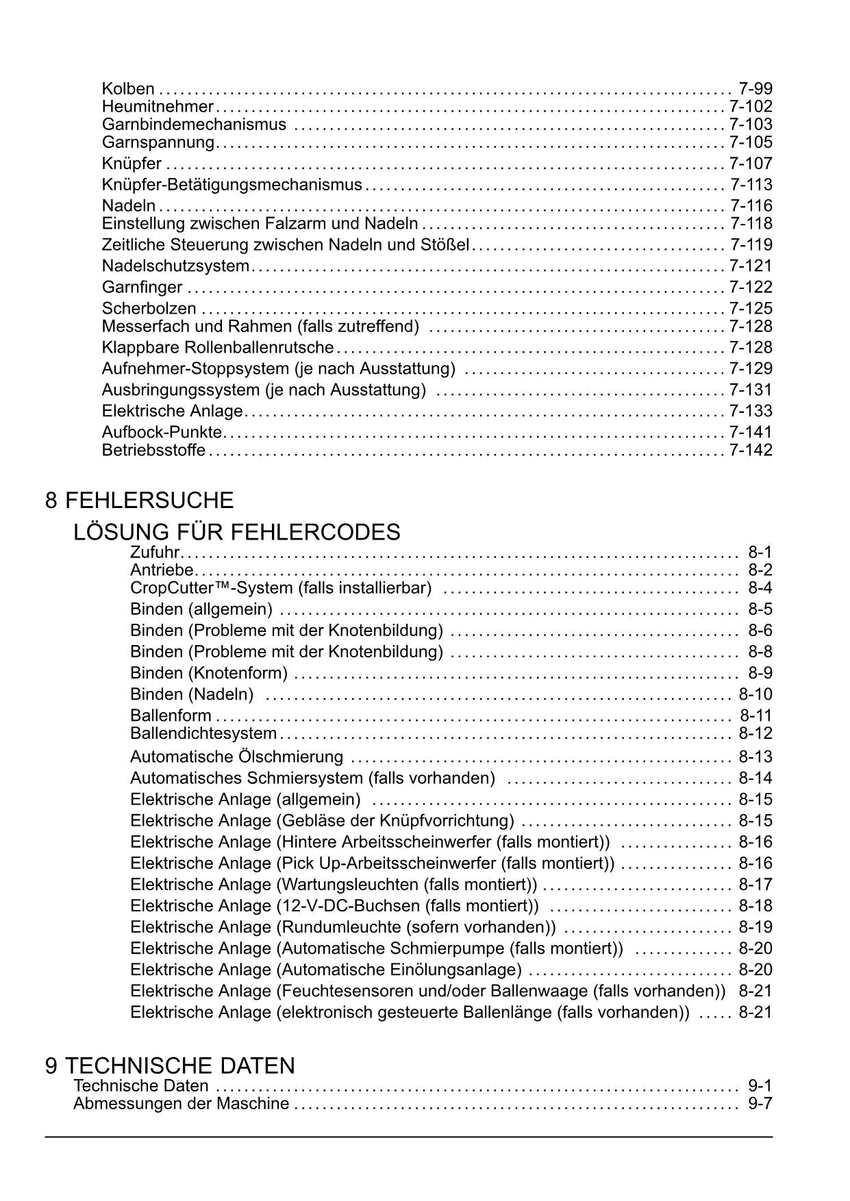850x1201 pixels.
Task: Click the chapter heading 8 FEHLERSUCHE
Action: [x=139, y=501]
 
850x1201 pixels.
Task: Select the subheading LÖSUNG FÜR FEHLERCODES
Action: [x=236, y=532]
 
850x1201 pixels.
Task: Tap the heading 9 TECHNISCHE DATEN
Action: [x=170, y=1065]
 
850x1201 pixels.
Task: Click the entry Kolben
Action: [x=128, y=88]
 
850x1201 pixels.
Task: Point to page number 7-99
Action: [x=755, y=88]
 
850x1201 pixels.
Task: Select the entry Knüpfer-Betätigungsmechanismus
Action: [x=232, y=185]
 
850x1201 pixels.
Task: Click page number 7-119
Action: [x=751, y=245]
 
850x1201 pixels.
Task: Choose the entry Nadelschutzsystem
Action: [x=175, y=266]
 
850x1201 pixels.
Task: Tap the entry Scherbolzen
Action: [x=149, y=309]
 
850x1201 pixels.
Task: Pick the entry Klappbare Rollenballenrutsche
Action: [x=217, y=348]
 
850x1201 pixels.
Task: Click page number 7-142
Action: [x=751, y=451]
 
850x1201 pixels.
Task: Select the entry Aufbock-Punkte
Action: [x=162, y=433]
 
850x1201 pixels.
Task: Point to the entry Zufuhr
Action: [x=155, y=553]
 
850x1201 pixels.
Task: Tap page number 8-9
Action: [x=760, y=673]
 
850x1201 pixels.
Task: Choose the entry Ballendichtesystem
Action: [x=203, y=734]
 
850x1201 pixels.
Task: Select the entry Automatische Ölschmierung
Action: [x=236, y=757]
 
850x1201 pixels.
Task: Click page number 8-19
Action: [x=755, y=927]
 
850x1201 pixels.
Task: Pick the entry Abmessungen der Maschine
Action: [x=181, y=1104]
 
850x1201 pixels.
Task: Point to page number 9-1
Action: [x=760, y=1086]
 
